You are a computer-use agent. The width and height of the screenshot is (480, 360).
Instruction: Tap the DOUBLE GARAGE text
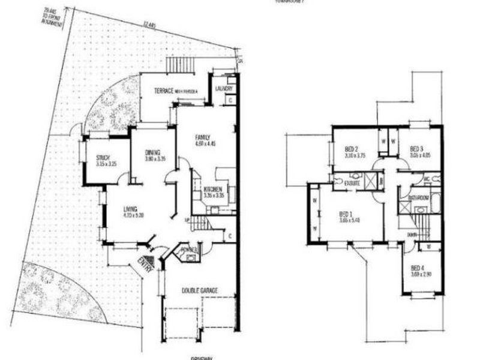pos(200,291)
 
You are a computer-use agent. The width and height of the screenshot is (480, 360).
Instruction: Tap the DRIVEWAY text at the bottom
pos(203,357)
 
